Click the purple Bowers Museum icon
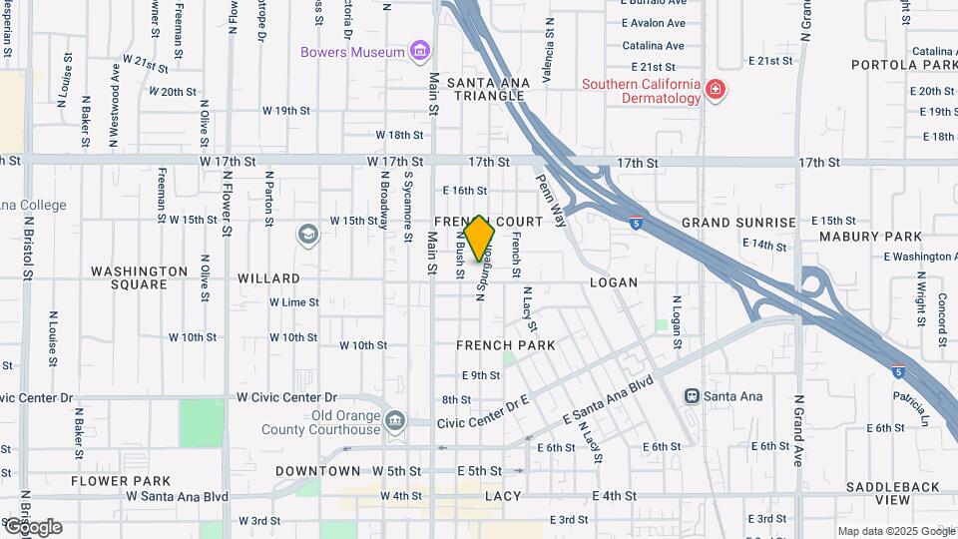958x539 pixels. (x=419, y=52)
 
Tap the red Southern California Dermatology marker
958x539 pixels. (x=715, y=92)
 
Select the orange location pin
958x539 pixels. (x=480, y=239)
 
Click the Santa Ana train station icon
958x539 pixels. (x=692, y=396)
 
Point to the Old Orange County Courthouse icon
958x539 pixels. (x=395, y=422)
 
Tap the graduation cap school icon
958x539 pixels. (x=308, y=236)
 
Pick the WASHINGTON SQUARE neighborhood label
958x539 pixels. (x=139, y=277)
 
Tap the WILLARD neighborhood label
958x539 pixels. (x=269, y=278)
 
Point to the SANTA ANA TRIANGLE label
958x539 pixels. (x=486, y=89)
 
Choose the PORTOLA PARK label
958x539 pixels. (x=904, y=65)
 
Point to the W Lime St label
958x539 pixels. (x=294, y=302)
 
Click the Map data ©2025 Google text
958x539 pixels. (x=895, y=531)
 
